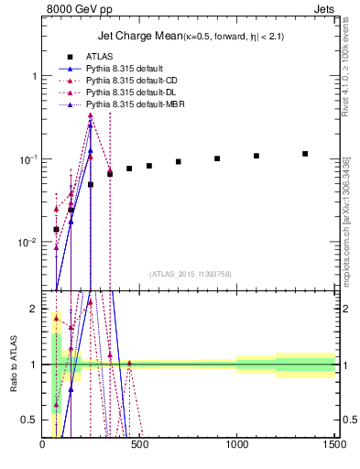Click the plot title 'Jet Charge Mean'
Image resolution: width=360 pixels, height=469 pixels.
pyautogui.click(x=137, y=37)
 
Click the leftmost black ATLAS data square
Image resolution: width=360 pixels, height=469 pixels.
pyautogui.click(x=56, y=229)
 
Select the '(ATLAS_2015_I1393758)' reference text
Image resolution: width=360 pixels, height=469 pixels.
pyautogui.click(x=190, y=273)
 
